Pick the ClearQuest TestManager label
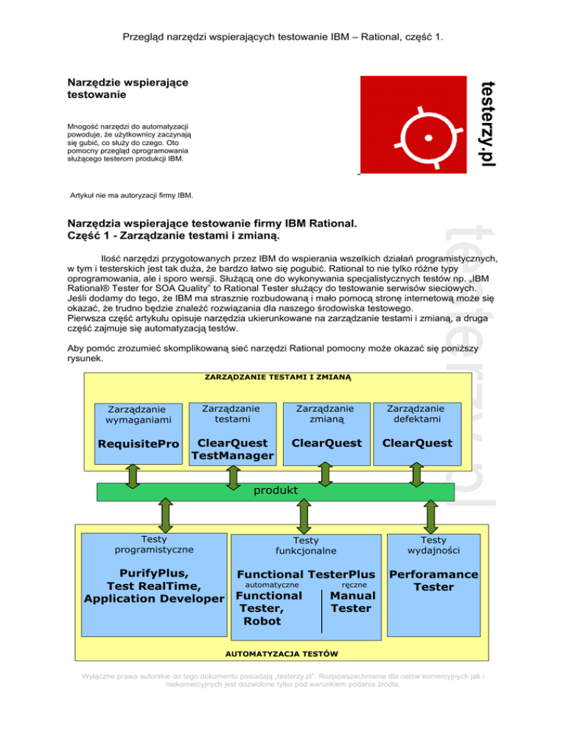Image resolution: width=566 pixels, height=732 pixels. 231,450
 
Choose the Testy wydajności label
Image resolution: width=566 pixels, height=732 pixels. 433,545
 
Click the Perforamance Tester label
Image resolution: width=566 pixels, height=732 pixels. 433,580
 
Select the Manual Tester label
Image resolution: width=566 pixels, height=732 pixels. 353,602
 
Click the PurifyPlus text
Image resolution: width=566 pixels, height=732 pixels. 154,573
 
